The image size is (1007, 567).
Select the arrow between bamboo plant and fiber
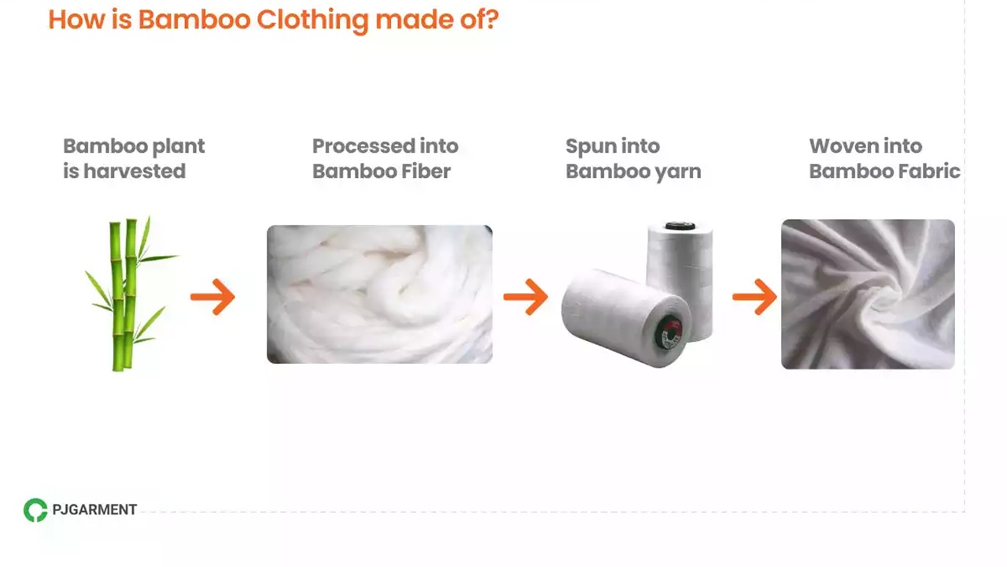tap(213, 297)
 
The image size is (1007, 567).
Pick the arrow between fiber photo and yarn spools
tap(526, 297)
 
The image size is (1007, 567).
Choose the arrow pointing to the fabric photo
tap(754, 297)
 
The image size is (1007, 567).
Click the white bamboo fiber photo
tap(379, 294)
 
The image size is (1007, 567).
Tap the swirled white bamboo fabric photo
tap(868, 294)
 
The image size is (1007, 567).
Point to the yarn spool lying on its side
tap(614, 315)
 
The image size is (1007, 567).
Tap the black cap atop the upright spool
tap(679, 227)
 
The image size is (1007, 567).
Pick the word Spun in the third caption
tap(589, 146)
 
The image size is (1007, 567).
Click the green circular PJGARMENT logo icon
tap(35, 510)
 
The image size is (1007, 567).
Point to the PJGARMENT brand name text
tap(94, 510)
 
